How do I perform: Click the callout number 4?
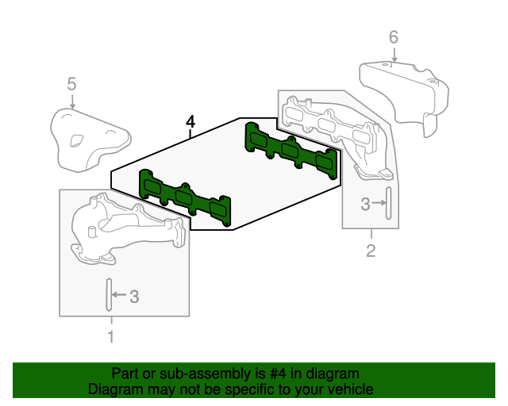click(190, 121)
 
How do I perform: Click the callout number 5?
click(71, 83)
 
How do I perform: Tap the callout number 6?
click(393, 36)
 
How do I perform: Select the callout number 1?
click(110, 337)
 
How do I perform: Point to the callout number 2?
click(371, 252)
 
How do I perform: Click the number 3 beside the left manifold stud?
click(134, 297)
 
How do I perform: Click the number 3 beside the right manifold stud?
click(365, 205)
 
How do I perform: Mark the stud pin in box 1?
click(105, 296)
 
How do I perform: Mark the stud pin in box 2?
click(388, 204)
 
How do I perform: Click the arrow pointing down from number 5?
click(71, 101)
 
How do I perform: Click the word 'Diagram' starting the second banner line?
click(114, 389)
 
